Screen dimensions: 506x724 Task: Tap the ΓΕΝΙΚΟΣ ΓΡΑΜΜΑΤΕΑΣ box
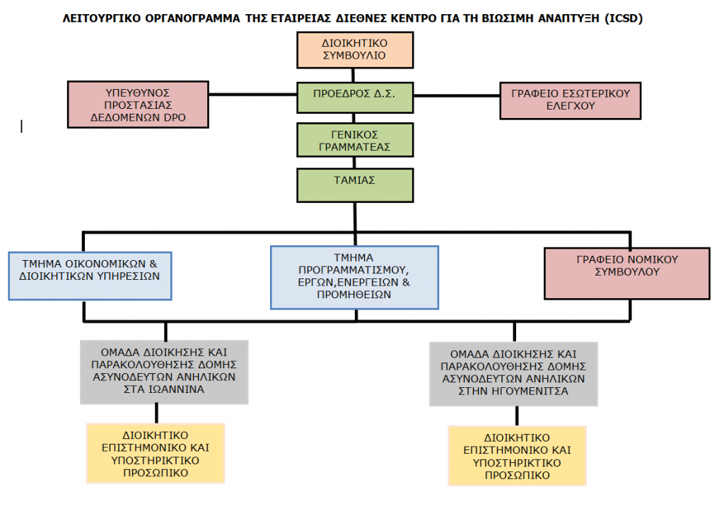(354, 140)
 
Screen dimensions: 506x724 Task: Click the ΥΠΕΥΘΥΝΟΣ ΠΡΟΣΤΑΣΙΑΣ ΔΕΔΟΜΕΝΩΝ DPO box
(138, 105)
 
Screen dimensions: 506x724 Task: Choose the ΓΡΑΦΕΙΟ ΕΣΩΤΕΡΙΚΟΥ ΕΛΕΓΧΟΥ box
(570, 100)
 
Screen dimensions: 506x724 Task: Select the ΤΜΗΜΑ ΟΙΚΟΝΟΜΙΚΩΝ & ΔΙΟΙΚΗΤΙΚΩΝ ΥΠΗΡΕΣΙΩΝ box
(91, 274)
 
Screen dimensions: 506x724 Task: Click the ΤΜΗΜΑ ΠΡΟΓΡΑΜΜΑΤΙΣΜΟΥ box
(354, 276)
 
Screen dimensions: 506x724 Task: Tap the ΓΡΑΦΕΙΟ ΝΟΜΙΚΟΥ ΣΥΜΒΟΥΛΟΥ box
(627, 273)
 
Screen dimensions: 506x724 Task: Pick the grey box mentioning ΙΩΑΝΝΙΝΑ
(164, 372)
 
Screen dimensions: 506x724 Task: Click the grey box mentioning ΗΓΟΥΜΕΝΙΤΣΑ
(513, 374)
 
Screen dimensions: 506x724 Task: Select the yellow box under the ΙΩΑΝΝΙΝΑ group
(156, 453)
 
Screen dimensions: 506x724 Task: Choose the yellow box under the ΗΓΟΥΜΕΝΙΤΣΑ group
(517, 456)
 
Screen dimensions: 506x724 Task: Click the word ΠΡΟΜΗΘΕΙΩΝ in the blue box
(354, 296)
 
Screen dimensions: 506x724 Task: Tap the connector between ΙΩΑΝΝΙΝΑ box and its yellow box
(156, 413)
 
